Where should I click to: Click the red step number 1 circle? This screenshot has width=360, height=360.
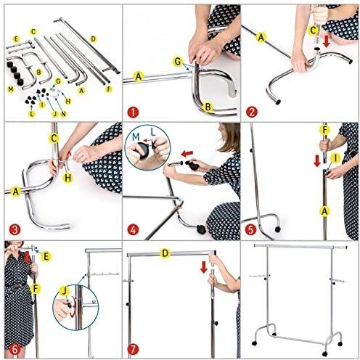133,112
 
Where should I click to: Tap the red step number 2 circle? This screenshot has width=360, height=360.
252,112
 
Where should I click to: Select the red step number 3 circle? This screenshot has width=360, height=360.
15,229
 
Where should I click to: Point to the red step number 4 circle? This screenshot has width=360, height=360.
133,230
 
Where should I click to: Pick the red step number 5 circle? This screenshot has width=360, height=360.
250,229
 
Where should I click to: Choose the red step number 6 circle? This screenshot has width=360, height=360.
15,349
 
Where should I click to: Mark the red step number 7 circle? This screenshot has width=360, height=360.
133,349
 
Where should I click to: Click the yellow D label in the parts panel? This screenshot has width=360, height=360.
93,39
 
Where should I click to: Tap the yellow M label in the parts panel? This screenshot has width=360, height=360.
11,89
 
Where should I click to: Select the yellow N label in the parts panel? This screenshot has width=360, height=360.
63,114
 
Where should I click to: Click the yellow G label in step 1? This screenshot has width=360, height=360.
178,62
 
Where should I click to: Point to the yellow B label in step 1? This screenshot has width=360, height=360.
208,107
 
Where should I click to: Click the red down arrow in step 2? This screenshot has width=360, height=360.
327,41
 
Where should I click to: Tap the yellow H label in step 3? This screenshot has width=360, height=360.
68,178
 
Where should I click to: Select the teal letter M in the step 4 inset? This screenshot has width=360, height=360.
136,137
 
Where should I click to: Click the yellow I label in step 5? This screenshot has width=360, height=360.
335,158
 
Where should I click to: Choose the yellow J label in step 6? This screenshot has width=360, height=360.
64,291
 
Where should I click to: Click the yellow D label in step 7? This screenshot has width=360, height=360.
165,253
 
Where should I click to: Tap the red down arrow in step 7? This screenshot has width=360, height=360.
204,267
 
